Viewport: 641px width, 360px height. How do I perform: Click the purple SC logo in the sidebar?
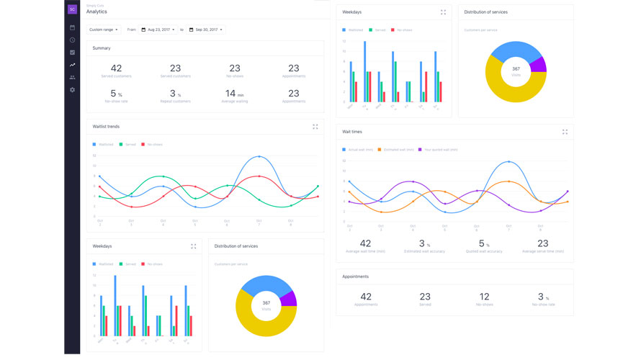point(72,9)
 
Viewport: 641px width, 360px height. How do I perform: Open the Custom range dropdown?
point(104,30)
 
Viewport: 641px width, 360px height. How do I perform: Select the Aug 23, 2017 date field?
point(158,30)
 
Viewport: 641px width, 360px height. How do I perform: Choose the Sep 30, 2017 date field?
point(206,30)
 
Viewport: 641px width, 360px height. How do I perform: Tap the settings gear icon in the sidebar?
point(72,90)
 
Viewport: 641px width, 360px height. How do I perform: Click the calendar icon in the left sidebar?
point(72,27)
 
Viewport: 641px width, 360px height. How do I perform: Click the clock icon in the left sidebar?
point(72,40)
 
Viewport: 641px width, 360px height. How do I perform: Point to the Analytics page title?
point(97,12)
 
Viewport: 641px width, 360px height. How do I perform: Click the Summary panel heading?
point(102,48)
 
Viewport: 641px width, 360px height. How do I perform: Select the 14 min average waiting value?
point(234,94)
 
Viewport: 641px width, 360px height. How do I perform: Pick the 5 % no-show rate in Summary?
point(116,94)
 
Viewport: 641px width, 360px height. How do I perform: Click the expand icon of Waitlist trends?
point(315,127)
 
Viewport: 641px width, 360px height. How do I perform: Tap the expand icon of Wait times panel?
point(565,132)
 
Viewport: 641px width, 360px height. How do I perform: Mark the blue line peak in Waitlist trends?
point(259,156)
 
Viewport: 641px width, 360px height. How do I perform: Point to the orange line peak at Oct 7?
point(509,181)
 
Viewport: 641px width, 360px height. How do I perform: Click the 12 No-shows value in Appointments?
point(484,297)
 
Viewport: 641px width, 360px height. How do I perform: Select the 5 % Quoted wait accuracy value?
point(483,244)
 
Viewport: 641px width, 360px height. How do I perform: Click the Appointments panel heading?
point(355,276)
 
